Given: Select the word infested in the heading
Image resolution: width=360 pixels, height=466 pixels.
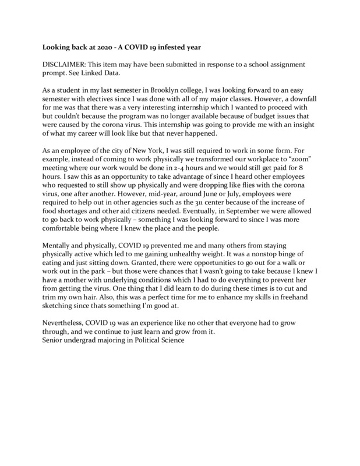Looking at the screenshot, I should (x=171, y=44).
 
